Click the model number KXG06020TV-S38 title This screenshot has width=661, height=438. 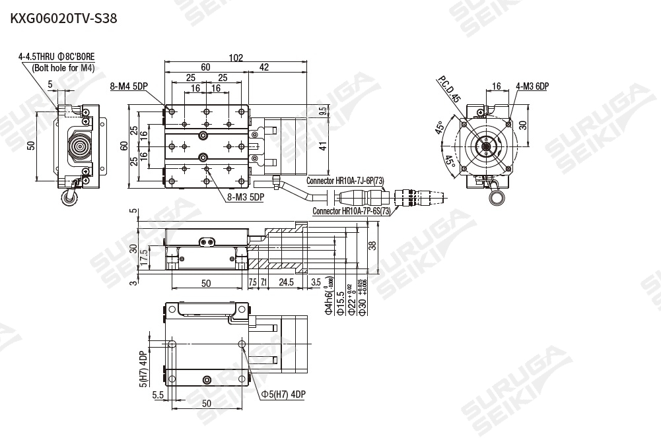click(x=63, y=18)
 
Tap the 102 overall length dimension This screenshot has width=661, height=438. click(x=236, y=57)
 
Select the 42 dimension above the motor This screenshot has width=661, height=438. click(x=264, y=67)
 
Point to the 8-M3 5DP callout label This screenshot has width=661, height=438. click(x=245, y=197)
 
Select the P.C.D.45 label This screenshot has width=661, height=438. click(x=448, y=89)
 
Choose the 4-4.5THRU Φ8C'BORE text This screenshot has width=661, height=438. click(x=57, y=57)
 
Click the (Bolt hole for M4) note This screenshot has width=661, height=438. click(x=63, y=67)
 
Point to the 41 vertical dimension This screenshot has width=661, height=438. click(x=323, y=147)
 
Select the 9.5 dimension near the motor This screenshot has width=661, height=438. click(x=323, y=111)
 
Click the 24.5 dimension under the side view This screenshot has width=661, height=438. click(x=285, y=283)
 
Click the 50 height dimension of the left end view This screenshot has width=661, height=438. click(x=31, y=145)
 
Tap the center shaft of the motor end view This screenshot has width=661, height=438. click(x=487, y=146)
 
